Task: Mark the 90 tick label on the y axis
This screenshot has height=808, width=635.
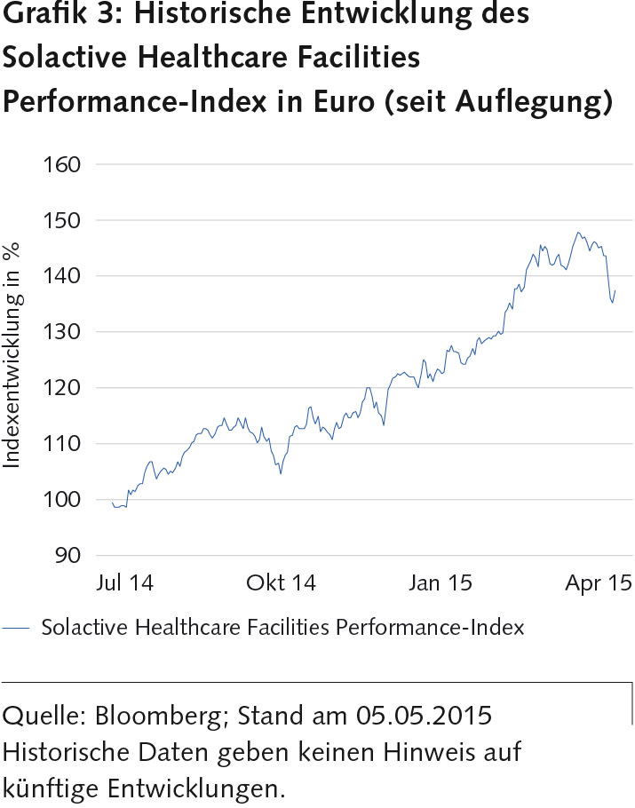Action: click(x=67, y=556)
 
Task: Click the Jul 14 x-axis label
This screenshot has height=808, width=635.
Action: click(x=124, y=583)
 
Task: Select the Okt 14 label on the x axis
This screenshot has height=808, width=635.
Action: click(x=282, y=583)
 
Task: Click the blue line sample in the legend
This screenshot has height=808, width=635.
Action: click(x=18, y=628)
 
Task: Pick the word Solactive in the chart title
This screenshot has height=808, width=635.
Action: click(x=57, y=58)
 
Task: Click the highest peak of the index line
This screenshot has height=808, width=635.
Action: click(x=578, y=233)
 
